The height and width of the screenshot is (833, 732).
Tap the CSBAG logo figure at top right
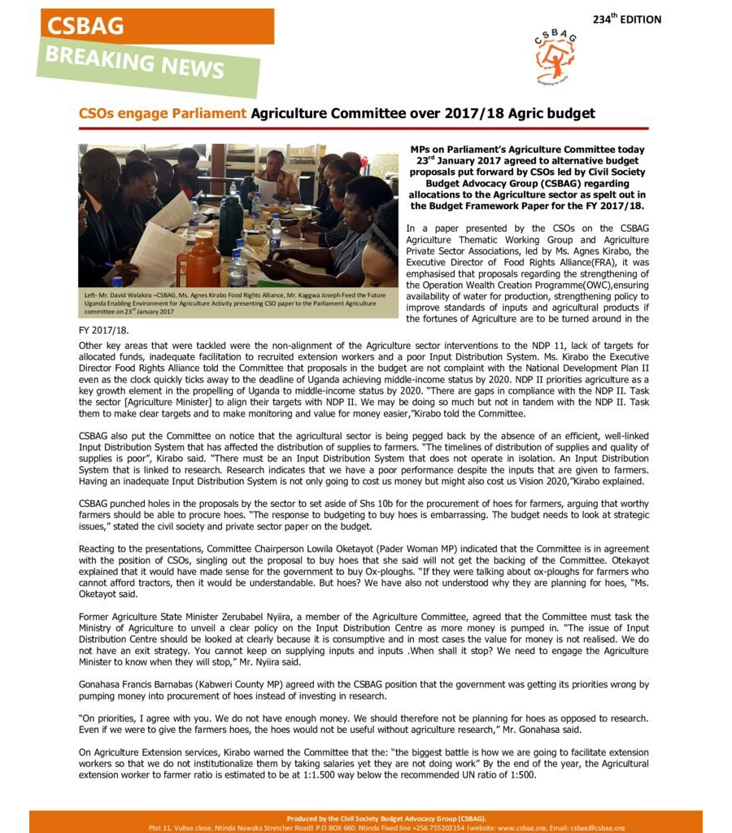[x=556, y=55]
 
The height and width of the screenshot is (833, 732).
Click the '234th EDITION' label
[x=626, y=19]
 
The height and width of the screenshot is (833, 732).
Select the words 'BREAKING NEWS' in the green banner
[x=135, y=61]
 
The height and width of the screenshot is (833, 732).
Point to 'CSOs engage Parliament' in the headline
[x=162, y=114]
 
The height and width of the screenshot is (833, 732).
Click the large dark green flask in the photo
[x=230, y=215]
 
